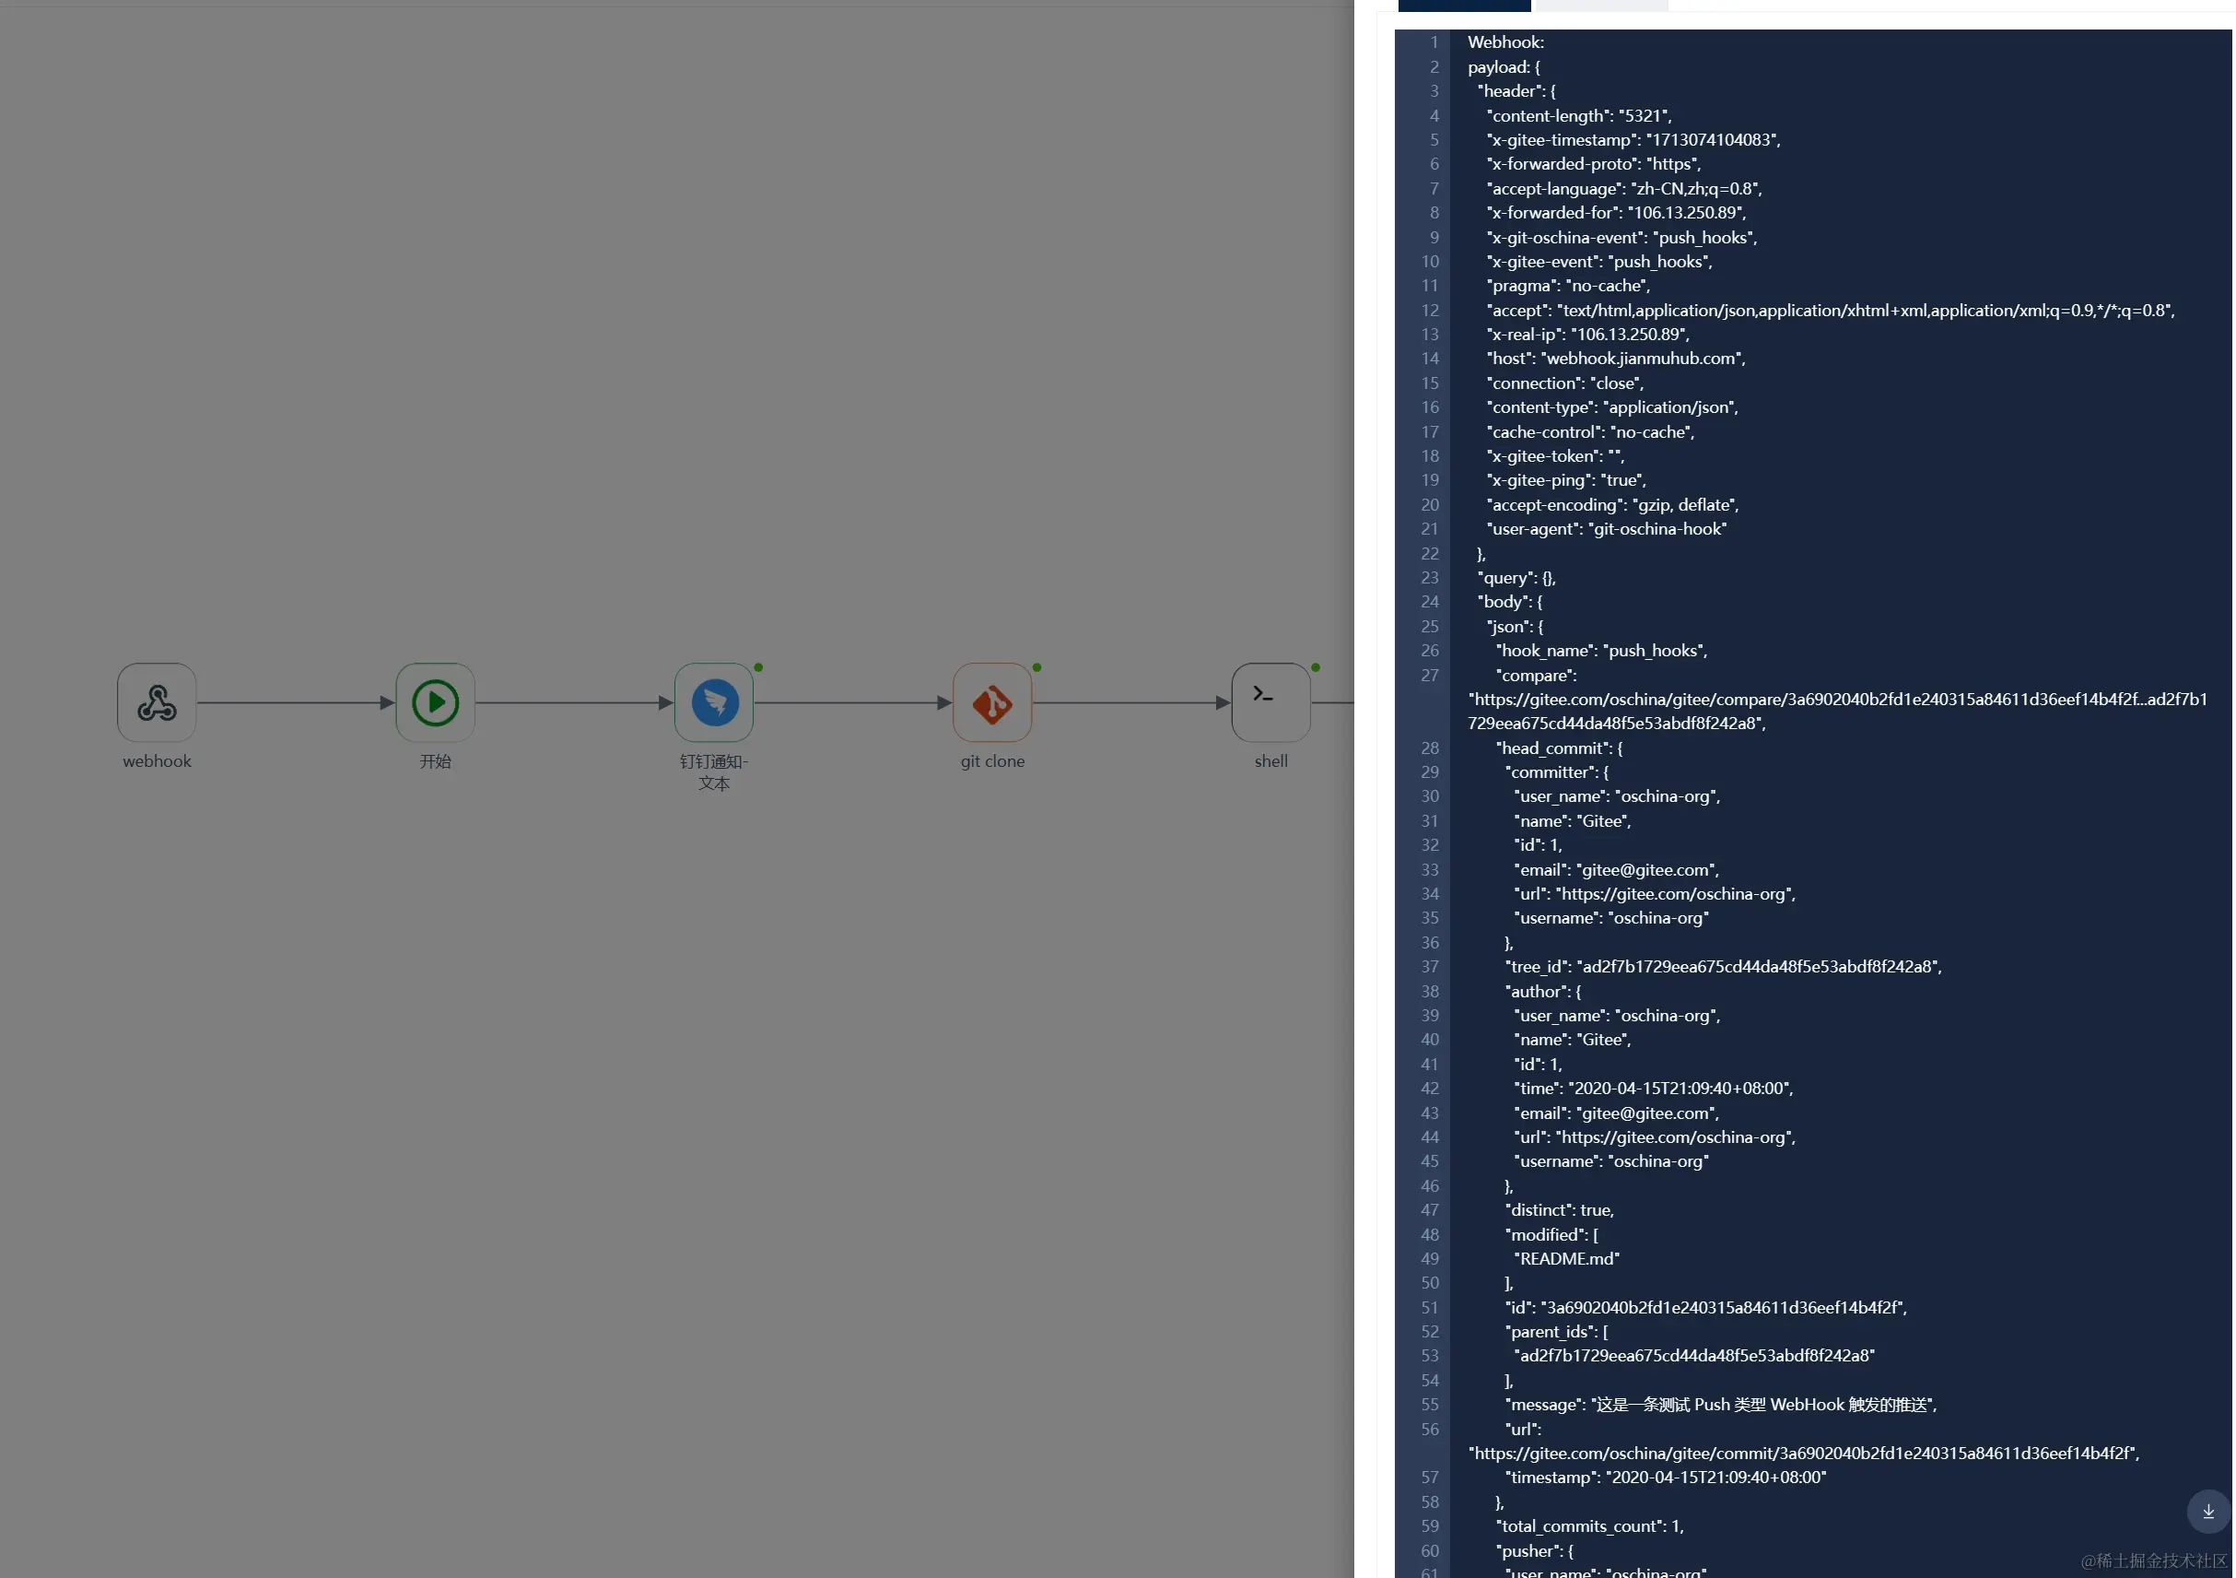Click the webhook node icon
157,702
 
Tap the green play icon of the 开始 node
436,702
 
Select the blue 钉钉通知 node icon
714,702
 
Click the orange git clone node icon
992,702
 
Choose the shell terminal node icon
1270,702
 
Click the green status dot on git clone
1037,667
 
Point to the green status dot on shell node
1316,667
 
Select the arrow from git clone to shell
1130,702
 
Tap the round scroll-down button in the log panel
2207,1511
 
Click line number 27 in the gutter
1429,675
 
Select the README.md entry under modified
1566,1258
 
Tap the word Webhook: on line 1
1505,42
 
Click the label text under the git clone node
992,761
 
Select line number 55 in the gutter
1429,1405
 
